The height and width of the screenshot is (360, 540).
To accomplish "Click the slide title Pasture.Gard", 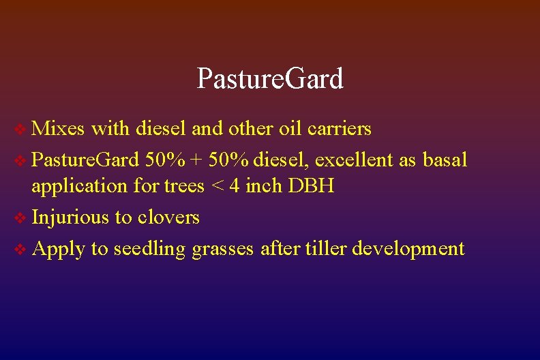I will pos(270,79).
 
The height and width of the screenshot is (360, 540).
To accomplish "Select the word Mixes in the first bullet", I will pos(58,128).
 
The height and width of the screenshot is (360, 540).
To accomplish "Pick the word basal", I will pos(445,160).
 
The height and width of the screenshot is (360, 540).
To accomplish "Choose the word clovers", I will pos(168,217).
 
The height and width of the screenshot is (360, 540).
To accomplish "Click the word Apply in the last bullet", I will pos(58,249).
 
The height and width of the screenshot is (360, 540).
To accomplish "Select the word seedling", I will pos(149,250).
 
